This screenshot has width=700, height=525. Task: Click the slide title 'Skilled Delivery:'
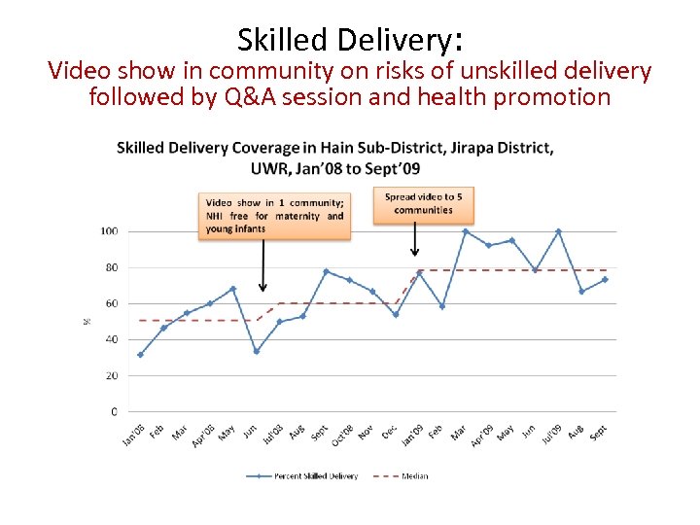tap(350, 39)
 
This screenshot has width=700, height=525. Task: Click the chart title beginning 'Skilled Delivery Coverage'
tap(335, 157)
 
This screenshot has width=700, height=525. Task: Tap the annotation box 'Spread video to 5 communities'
tap(424, 203)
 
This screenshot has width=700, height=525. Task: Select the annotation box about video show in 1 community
tap(274, 216)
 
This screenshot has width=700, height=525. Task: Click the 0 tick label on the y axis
tap(114, 412)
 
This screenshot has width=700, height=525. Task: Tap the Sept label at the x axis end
tap(598, 431)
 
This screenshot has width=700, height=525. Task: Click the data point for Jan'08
tap(140, 355)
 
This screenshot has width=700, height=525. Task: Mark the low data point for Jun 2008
tap(257, 351)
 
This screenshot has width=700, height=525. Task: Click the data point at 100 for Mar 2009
tap(465, 231)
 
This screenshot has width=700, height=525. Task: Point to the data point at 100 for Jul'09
tap(558, 231)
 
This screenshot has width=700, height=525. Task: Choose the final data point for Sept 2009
tap(605, 279)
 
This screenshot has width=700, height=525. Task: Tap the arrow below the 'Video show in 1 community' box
tap(262, 266)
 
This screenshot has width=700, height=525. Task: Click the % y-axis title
tap(87, 321)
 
